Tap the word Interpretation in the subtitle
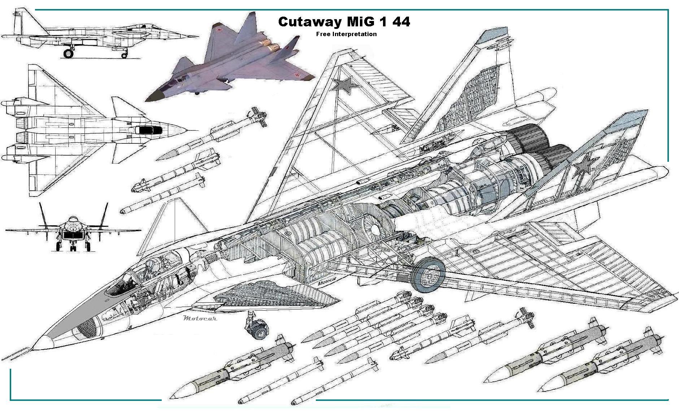pos(353,34)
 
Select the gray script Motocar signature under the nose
pos(200,318)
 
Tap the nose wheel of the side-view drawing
pos(124,55)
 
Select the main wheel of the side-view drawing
pos(68,54)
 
